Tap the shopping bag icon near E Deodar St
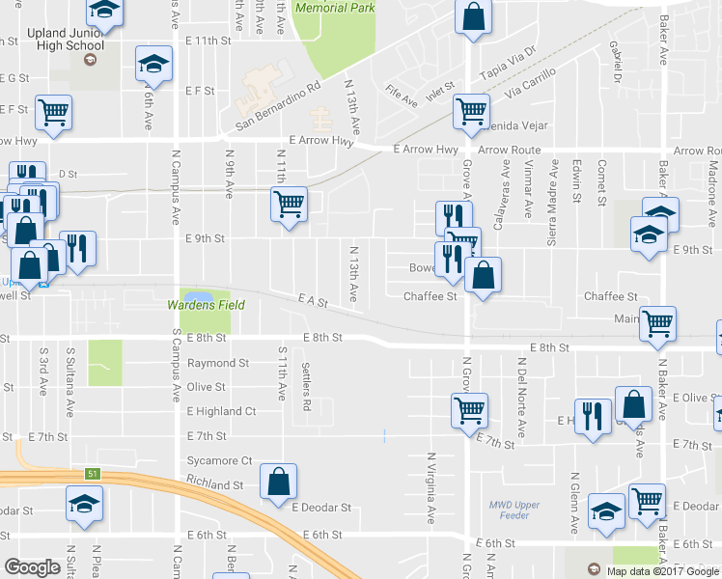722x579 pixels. [x=278, y=482]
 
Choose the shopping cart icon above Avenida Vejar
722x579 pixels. [x=471, y=112]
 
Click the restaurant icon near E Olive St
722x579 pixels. [x=592, y=416]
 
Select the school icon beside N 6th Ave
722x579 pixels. [x=153, y=64]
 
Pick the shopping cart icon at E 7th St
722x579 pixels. [x=469, y=409]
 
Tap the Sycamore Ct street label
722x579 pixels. [x=220, y=461]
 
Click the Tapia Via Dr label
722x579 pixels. [x=508, y=61]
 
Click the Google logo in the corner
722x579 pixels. [x=32, y=567]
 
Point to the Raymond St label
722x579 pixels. [x=218, y=364]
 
